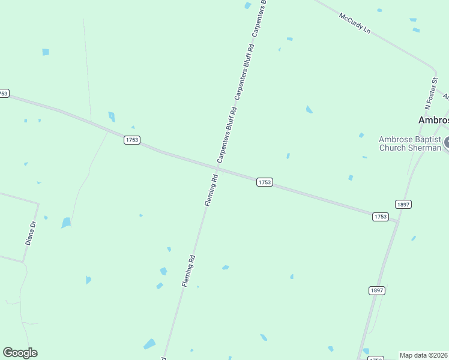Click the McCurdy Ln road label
tap(355, 23)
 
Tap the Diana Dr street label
tap(31, 233)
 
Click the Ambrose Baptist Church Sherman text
tap(410, 143)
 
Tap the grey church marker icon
tap(446, 143)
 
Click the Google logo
tap(20, 353)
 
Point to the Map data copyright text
tap(424, 355)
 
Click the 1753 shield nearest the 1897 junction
tap(380, 217)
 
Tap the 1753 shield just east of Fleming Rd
tap(265, 182)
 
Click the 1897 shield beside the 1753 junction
tap(403, 204)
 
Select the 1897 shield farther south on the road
tap(376, 290)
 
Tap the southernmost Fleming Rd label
tap(188, 271)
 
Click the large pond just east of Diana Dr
tap(66, 223)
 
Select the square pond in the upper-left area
tap(46, 52)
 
